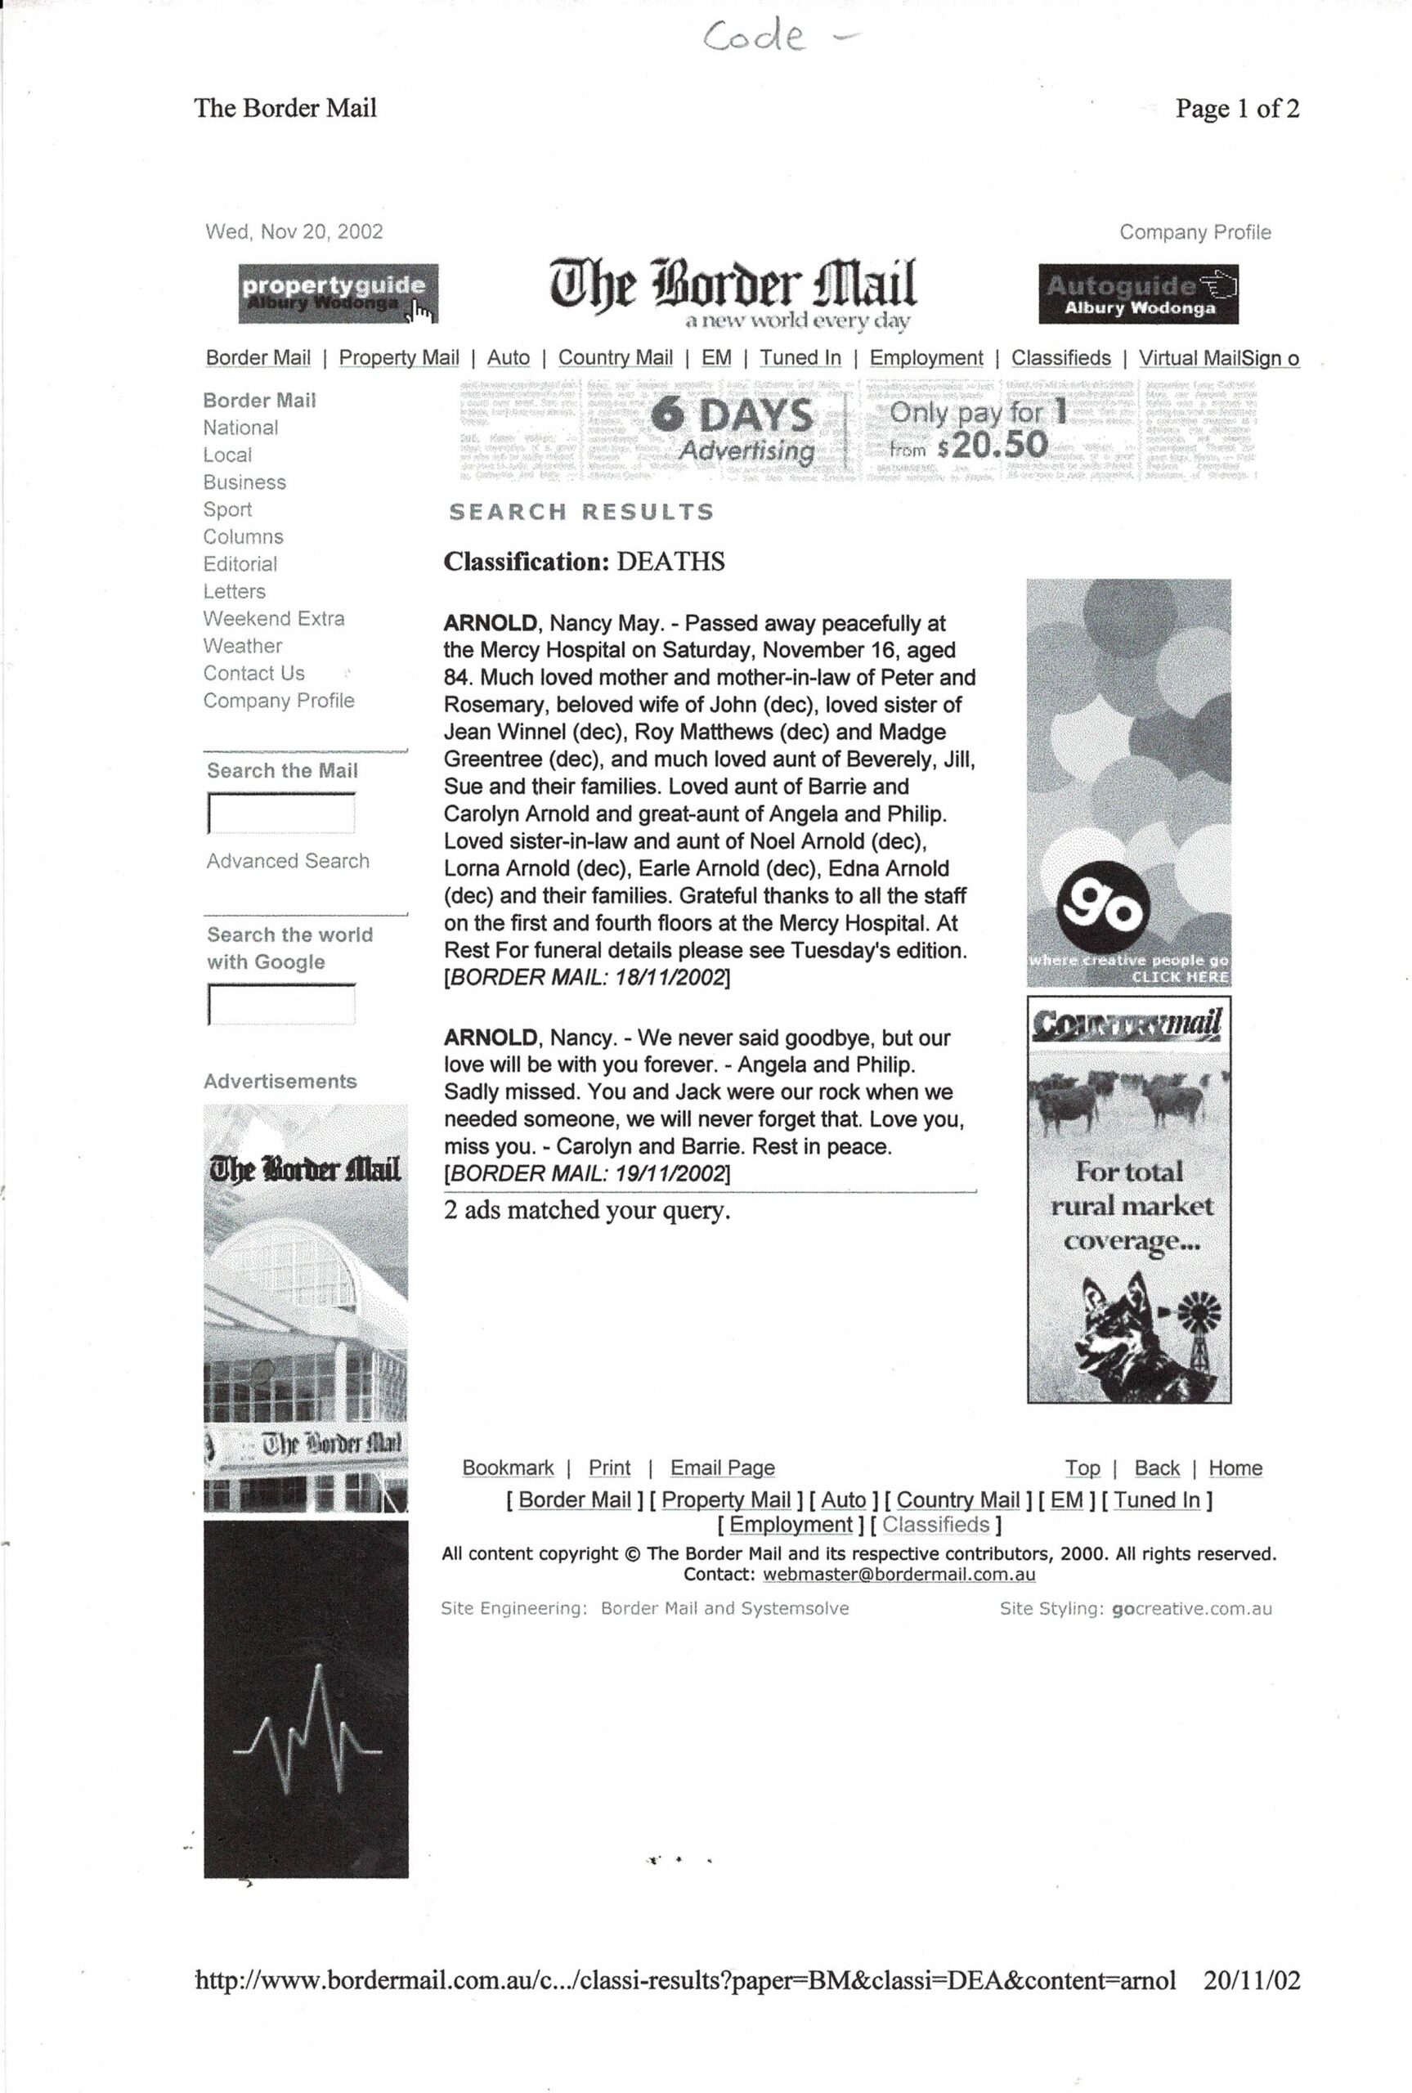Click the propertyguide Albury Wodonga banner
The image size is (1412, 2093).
338,294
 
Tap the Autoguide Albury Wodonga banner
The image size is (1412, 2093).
1137,294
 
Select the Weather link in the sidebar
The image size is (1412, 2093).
242,647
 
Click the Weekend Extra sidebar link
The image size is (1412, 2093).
274,618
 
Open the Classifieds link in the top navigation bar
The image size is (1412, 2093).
1060,357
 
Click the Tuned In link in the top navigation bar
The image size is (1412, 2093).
800,357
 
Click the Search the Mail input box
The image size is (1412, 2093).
281,813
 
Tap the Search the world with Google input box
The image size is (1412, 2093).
281,1004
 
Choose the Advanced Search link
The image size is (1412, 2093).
287,862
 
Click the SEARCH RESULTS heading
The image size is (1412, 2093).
580,513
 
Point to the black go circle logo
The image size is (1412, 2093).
1103,908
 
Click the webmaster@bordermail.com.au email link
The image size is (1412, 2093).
898,1575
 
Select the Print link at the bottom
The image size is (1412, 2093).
609,1468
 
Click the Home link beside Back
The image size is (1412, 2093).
1235,1468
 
